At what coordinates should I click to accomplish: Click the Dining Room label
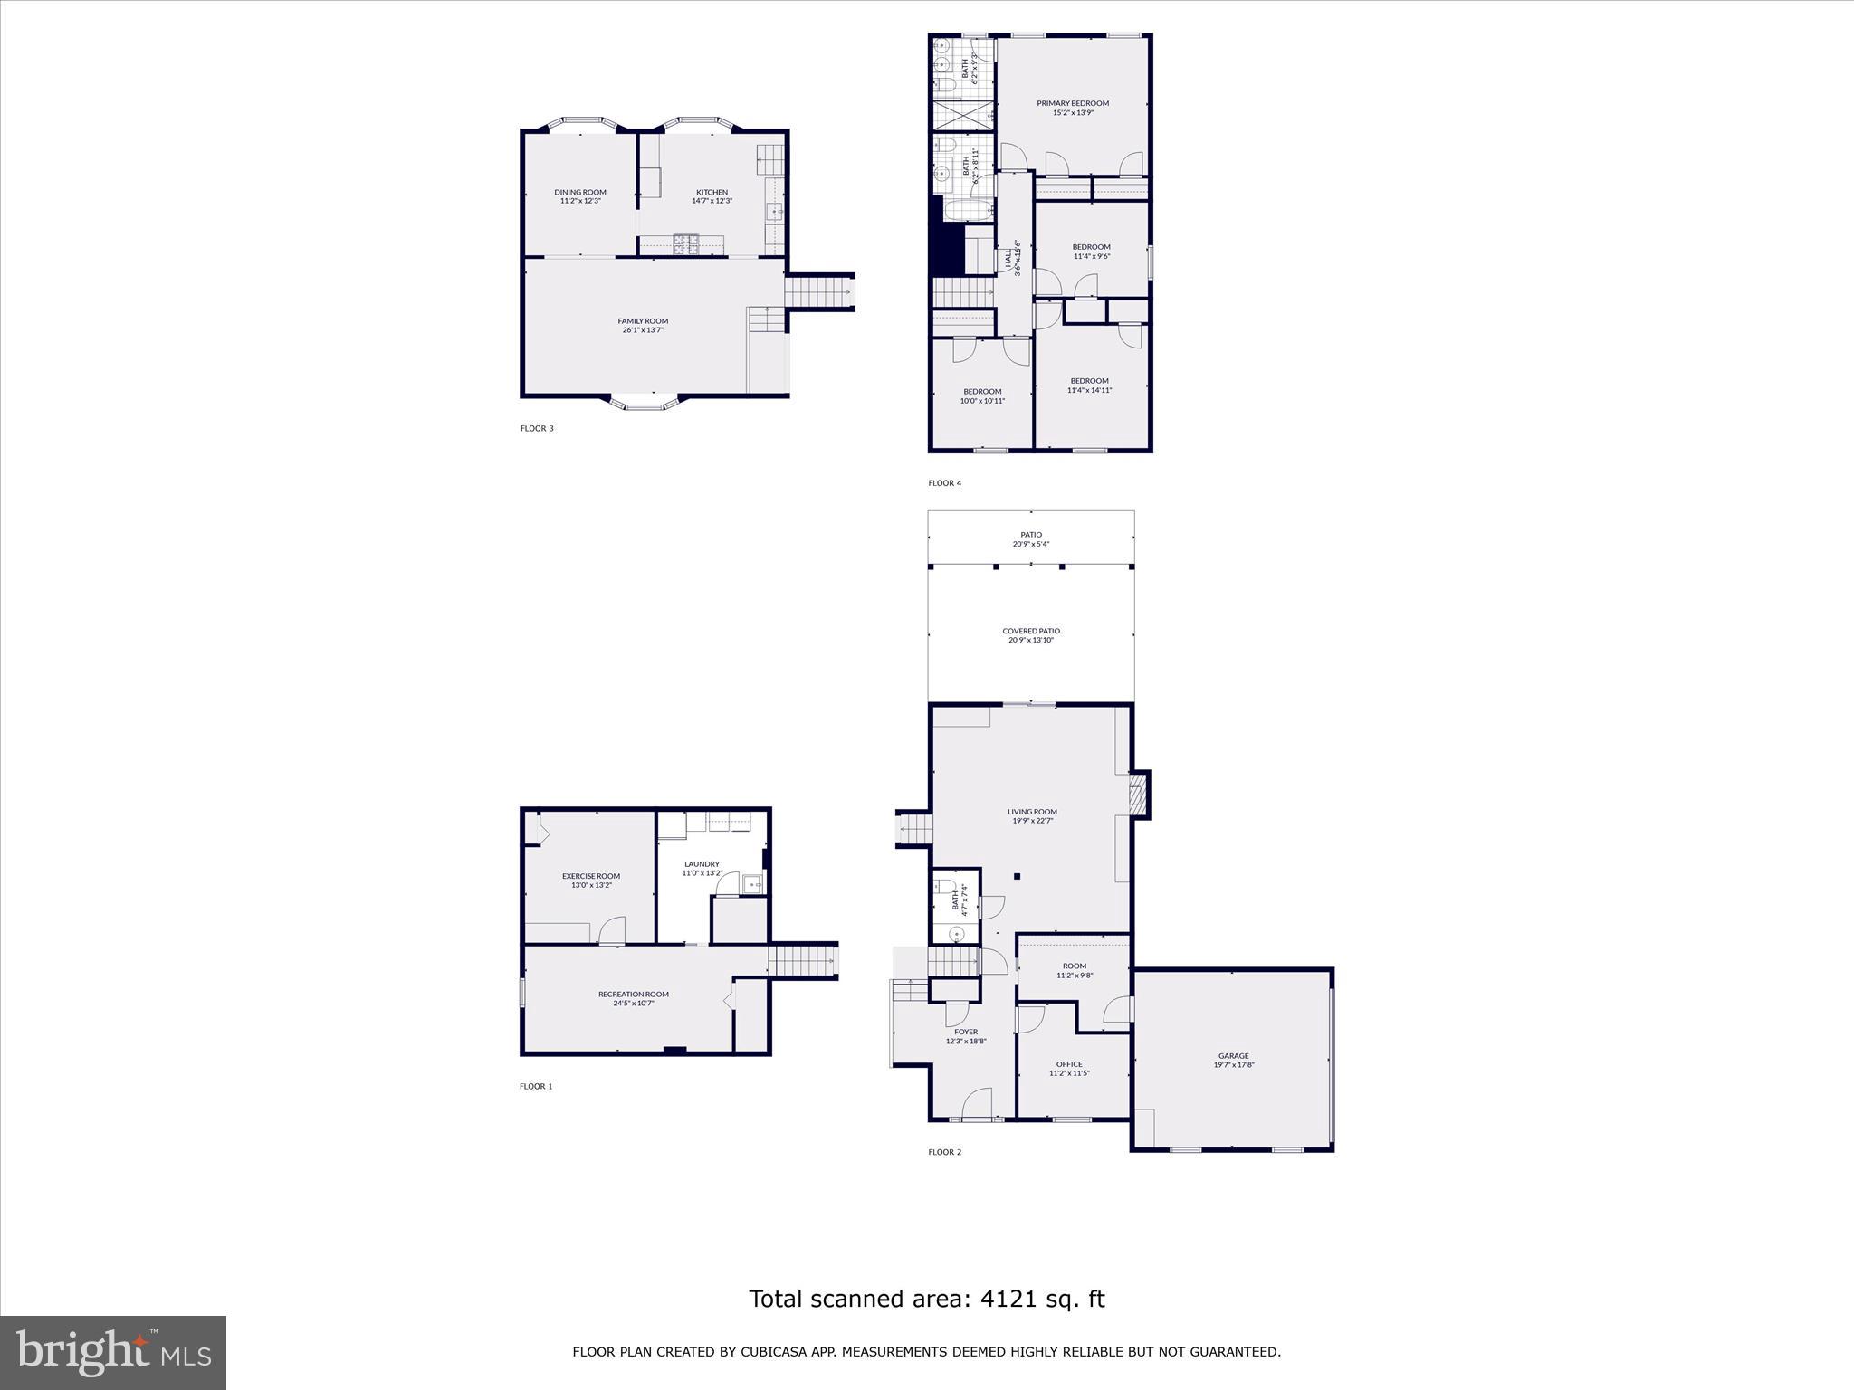pyautogui.click(x=580, y=192)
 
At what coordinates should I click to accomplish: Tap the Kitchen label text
pyautogui.click(x=712, y=192)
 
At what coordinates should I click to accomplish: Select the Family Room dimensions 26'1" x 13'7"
pyautogui.click(x=643, y=330)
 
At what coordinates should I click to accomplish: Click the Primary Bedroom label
pyautogui.click(x=1073, y=103)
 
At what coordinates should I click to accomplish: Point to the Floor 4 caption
pyautogui.click(x=944, y=483)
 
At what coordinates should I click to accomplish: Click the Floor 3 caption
pyautogui.click(x=537, y=428)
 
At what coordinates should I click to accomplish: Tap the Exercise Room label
pyautogui.click(x=591, y=876)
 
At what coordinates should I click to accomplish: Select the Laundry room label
pyautogui.click(x=702, y=864)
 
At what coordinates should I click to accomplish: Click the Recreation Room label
pyautogui.click(x=634, y=995)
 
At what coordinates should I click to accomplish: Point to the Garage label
pyautogui.click(x=1233, y=1056)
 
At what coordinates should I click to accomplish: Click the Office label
pyautogui.click(x=1069, y=1064)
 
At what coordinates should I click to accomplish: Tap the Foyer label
pyautogui.click(x=966, y=1032)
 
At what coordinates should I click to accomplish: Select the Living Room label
pyautogui.click(x=1032, y=812)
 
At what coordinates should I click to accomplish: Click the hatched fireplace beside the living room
pyautogui.click(x=1139, y=795)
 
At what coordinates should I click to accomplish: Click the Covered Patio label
pyautogui.click(x=1031, y=631)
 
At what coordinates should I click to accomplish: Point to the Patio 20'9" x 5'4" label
pyautogui.click(x=1031, y=539)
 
